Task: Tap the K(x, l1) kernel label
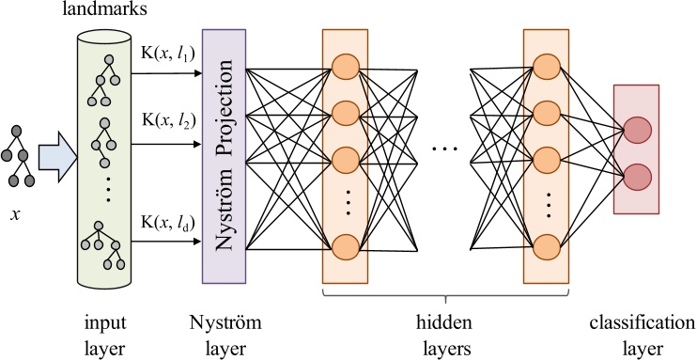point(165,55)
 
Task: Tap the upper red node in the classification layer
point(636,131)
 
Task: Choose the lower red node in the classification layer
point(636,175)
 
